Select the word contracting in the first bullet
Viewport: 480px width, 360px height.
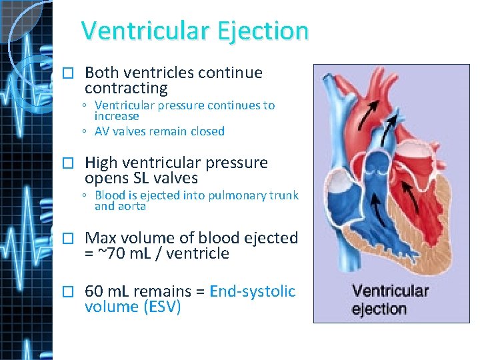[x=126, y=88]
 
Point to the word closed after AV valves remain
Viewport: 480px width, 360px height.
[x=207, y=131]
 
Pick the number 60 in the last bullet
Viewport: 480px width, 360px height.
[x=93, y=291]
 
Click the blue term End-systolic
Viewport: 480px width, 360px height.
[x=253, y=291]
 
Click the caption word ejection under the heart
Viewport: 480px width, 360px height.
[x=379, y=309]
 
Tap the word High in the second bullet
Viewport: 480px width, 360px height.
[x=101, y=163]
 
